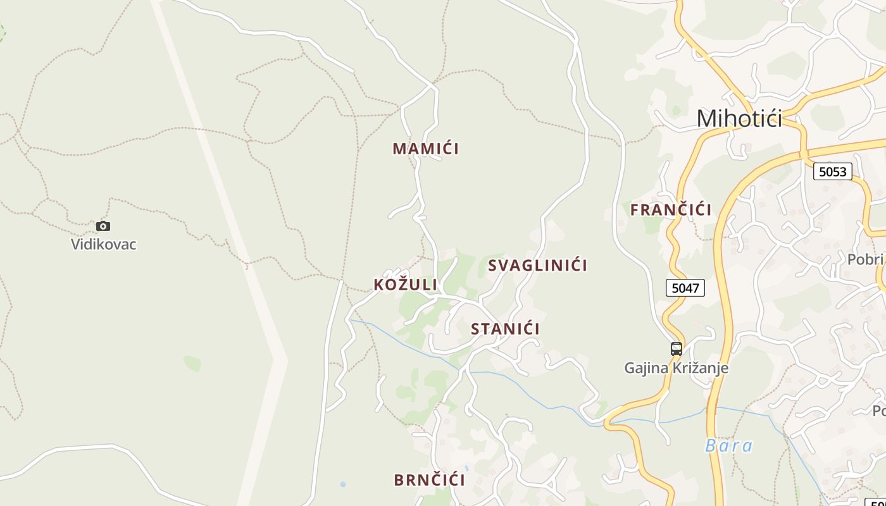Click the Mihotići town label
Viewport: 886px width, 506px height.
tap(739, 118)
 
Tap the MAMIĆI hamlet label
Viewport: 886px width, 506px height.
tap(425, 149)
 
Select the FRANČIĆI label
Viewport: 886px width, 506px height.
tap(671, 209)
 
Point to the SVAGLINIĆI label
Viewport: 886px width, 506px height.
tap(537, 266)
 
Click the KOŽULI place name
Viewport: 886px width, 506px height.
tap(405, 285)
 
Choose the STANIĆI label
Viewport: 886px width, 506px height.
tap(505, 329)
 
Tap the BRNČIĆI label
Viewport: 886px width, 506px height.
tap(429, 480)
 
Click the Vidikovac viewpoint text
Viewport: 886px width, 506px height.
tap(103, 244)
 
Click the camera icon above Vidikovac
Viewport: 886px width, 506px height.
tap(103, 226)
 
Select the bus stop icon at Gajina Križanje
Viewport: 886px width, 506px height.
tap(677, 349)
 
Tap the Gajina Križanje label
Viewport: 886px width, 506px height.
tap(676, 367)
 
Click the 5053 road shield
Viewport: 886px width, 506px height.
tap(832, 171)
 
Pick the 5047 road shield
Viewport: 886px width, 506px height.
tap(685, 288)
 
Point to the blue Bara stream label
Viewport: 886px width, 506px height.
tap(729, 446)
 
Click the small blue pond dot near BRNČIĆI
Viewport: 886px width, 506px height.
tap(343, 484)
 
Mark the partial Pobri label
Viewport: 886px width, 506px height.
tap(865, 260)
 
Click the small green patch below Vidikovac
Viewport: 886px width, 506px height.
tap(192, 363)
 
